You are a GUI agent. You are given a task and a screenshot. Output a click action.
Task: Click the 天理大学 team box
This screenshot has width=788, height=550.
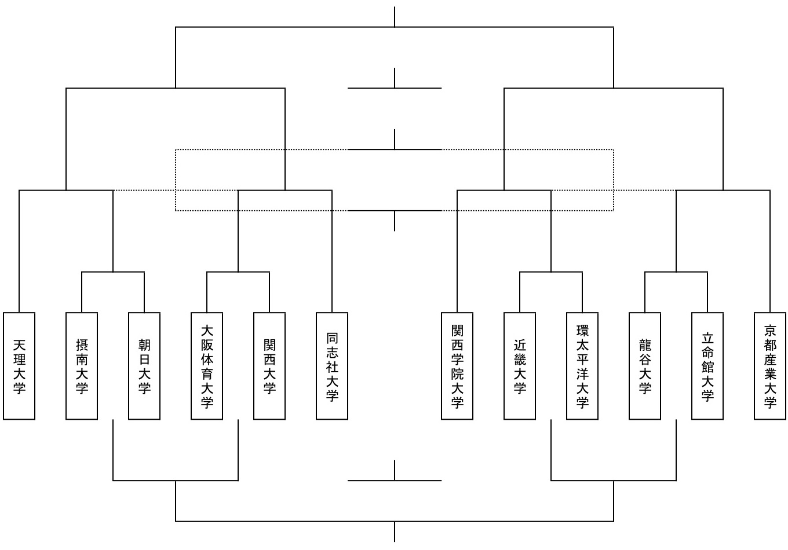click(x=19, y=366)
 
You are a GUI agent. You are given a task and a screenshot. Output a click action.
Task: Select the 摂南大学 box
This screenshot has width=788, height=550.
click(x=82, y=366)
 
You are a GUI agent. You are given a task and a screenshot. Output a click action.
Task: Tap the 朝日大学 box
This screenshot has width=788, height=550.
click(x=144, y=366)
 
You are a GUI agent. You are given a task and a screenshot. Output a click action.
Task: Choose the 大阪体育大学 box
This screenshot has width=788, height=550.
click(x=207, y=366)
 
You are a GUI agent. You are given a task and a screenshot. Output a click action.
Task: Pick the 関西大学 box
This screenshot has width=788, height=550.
click(x=269, y=366)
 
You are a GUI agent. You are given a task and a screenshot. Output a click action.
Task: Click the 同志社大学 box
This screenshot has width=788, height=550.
click(x=332, y=366)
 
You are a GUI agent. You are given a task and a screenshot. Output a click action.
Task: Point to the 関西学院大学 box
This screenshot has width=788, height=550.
click(x=457, y=366)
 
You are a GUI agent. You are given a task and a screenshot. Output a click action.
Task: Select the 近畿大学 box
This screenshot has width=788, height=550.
click(x=520, y=366)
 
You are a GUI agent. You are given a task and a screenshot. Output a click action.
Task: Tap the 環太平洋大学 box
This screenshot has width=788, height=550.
click(x=582, y=366)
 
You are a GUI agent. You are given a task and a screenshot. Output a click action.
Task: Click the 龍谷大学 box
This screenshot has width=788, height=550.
click(x=645, y=366)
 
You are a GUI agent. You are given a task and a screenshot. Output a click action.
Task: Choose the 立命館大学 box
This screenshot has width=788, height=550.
click(x=707, y=366)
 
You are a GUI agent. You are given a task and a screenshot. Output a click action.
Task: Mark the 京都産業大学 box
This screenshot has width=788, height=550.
click(x=770, y=366)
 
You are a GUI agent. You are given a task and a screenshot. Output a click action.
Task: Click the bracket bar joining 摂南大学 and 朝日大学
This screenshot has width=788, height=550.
click(x=113, y=272)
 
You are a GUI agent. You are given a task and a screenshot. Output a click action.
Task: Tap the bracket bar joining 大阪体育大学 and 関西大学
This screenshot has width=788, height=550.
click(x=238, y=272)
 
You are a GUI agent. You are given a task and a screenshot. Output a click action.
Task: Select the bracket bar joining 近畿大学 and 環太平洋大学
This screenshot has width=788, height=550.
click(x=551, y=272)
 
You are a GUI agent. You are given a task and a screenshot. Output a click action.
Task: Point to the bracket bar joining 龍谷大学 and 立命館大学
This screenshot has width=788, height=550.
click(x=676, y=272)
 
